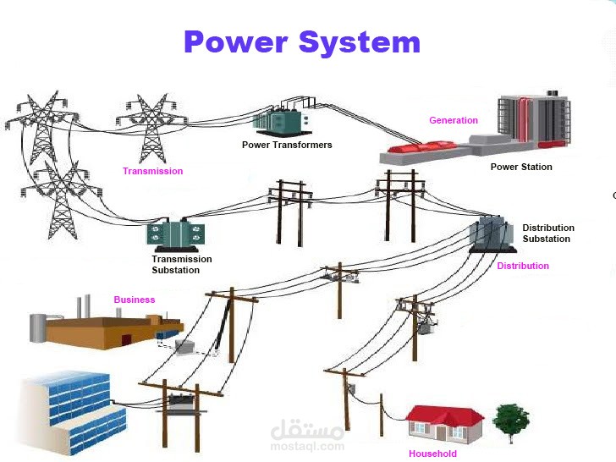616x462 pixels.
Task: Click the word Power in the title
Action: pyautogui.click(x=236, y=42)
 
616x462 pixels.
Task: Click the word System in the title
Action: pyautogui.click(x=360, y=43)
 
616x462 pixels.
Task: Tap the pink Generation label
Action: pyautogui.click(x=454, y=120)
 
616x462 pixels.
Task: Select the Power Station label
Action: pyautogui.click(x=521, y=167)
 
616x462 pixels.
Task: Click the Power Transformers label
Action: pyautogui.click(x=287, y=145)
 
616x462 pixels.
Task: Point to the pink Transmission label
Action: pyautogui.click(x=152, y=171)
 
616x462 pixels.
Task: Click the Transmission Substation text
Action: pyautogui.click(x=181, y=264)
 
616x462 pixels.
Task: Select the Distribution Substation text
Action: pyautogui.click(x=548, y=233)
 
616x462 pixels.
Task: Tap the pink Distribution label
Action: pyautogui.click(x=523, y=266)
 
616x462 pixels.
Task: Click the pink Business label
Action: pyautogui.click(x=135, y=300)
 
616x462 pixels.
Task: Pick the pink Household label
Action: pyautogui.click(x=432, y=454)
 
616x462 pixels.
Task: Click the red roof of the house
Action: pyautogui.click(x=444, y=415)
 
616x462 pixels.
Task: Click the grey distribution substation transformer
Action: pyautogui.click(x=492, y=234)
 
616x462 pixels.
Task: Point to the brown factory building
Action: pyautogui.click(x=107, y=328)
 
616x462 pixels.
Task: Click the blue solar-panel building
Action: pyautogui.click(x=74, y=412)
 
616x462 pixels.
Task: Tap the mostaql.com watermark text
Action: pyautogui.click(x=307, y=446)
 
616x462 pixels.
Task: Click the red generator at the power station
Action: pyautogui.click(x=422, y=147)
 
